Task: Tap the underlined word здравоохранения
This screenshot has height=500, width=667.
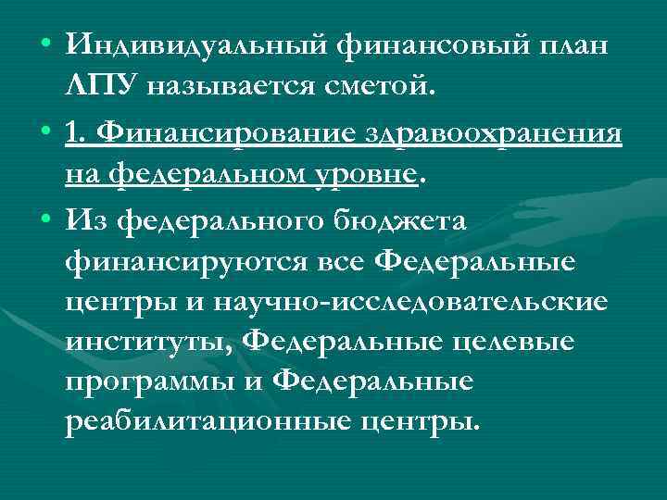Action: point(490,132)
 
